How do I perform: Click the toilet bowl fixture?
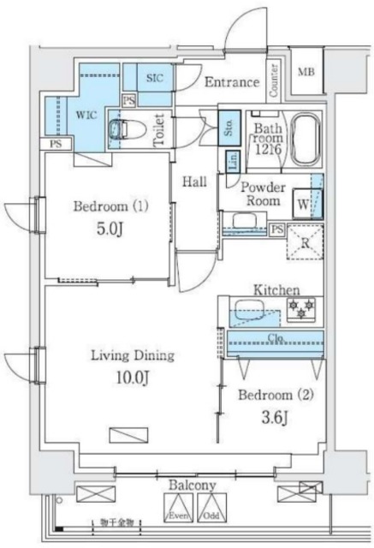122,130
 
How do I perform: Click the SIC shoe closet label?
154,78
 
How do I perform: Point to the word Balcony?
192,485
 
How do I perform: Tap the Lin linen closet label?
232,161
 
